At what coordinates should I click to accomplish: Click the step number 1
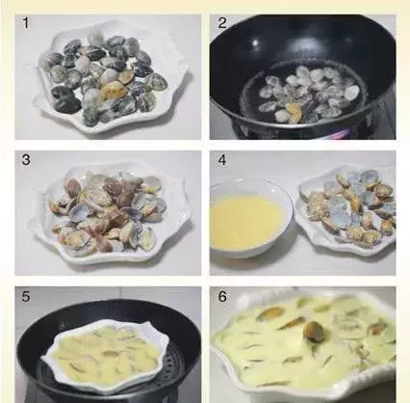tap(26, 23)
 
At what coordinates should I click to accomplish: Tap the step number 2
tap(222, 23)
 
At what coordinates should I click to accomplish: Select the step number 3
tap(26, 160)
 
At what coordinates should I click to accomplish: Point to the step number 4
tap(222, 160)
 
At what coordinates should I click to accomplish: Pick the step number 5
tap(26, 296)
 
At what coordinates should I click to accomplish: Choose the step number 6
tap(222, 296)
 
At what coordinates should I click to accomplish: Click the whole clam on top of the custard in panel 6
tap(312, 332)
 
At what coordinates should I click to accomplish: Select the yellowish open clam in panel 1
tap(111, 90)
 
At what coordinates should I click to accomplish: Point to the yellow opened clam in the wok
tap(295, 113)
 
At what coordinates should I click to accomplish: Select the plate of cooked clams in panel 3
tap(109, 212)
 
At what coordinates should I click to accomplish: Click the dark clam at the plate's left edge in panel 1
tap(61, 93)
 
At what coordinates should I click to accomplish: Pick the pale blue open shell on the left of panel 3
tap(78, 212)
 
